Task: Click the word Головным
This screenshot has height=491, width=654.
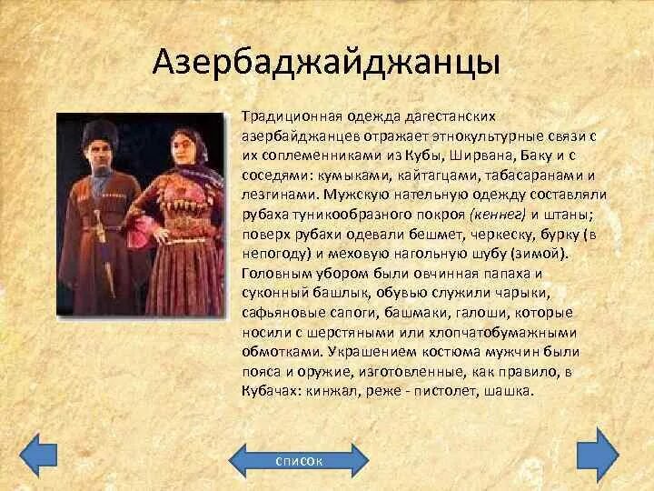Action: pos(274,273)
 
